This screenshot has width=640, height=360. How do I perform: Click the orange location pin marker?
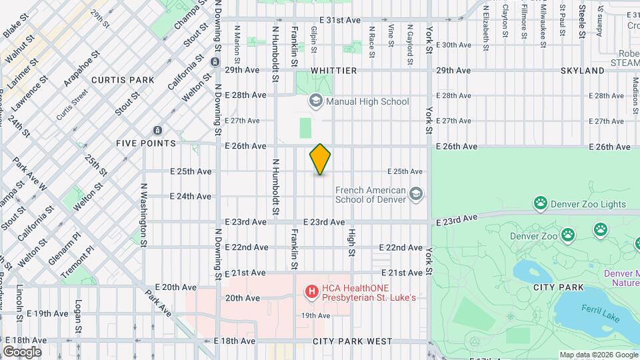pos(321,159)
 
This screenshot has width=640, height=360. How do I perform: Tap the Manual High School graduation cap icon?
pos(315,101)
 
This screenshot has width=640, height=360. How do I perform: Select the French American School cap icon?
pos(416,194)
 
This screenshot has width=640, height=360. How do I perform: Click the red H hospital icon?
pos(311,291)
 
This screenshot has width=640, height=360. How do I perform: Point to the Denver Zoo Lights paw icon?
pos(540,203)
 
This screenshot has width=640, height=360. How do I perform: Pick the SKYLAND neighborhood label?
pos(582,71)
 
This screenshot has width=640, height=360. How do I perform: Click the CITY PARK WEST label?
pos(353,341)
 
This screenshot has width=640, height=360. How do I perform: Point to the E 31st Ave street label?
pos(339,21)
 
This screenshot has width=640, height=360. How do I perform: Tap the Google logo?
pos(22,351)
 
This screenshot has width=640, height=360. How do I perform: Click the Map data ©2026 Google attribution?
pos(598,355)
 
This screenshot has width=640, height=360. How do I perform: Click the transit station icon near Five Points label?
pos(157,130)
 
